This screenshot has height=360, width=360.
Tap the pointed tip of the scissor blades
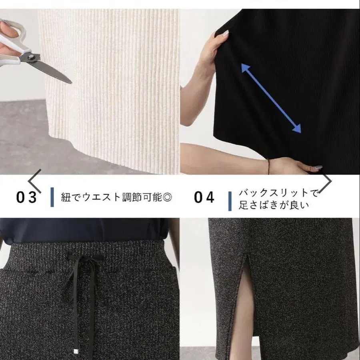[72, 83]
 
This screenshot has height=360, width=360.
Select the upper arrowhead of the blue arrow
[245, 68]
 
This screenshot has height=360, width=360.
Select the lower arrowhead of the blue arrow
[297, 129]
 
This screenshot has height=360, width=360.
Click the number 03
[26, 197]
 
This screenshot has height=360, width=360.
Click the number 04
[204, 197]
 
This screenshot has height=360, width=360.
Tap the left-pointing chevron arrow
[35, 181]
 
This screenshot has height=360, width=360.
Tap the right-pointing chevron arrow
[325, 181]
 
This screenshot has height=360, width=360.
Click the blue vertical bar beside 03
[52, 197]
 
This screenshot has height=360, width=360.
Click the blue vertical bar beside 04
[230, 201]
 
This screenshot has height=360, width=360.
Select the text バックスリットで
[278, 193]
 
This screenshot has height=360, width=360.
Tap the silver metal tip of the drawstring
[75, 351]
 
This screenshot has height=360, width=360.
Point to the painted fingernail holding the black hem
[318, 168]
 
